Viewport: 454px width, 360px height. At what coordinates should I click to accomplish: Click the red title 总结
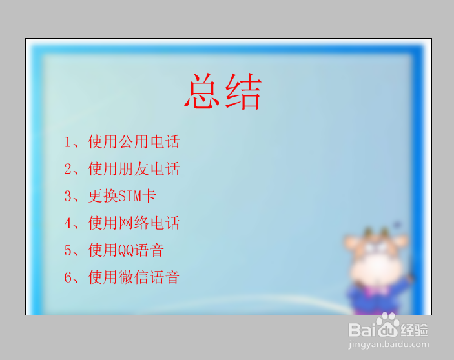click(x=223, y=91)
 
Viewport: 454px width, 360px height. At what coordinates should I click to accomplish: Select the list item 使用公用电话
click(x=134, y=142)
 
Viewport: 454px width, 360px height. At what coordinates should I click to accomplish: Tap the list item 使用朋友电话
click(x=134, y=169)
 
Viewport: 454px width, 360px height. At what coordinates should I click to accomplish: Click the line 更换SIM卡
click(x=122, y=196)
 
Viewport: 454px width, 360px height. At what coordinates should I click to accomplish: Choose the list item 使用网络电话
click(x=134, y=223)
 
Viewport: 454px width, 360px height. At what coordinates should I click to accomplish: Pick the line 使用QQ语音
click(x=126, y=250)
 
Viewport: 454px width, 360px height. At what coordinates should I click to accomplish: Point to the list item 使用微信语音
click(x=134, y=277)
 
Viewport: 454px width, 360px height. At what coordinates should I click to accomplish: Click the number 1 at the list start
click(x=68, y=142)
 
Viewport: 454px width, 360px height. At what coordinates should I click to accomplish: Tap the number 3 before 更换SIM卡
click(x=68, y=196)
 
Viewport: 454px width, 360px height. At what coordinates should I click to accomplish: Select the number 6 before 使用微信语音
click(x=68, y=277)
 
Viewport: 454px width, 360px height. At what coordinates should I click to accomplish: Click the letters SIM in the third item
click(x=130, y=196)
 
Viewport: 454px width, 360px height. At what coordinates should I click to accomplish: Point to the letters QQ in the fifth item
click(x=126, y=251)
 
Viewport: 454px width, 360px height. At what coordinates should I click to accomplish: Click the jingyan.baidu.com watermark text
click(x=389, y=345)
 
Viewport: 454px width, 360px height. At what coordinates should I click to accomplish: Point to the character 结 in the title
click(x=243, y=92)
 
